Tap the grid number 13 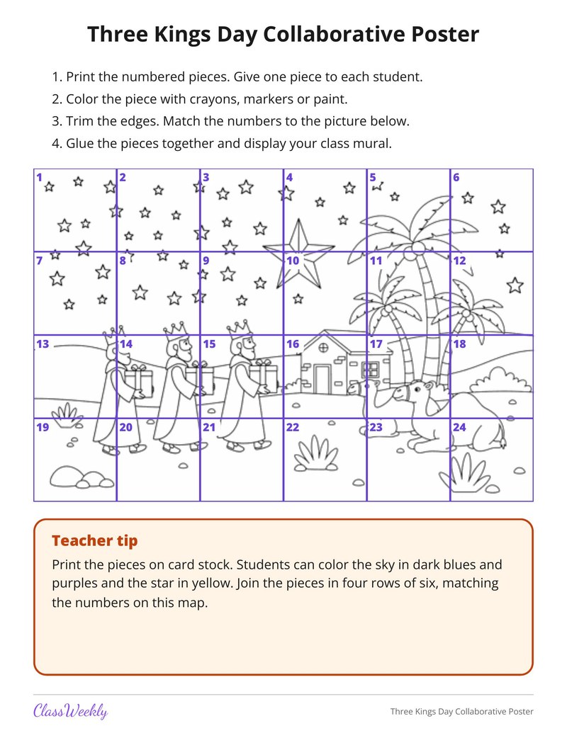pyautogui.click(x=43, y=344)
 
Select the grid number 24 pyautogui.click(x=459, y=427)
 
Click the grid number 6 pyautogui.click(x=456, y=177)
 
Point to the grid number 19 pyautogui.click(x=43, y=427)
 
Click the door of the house pyautogui.click(x=322, y=379)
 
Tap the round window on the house pyautogui.click(x=323, y=348)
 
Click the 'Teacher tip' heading pyautogui.click(x=95, y=540)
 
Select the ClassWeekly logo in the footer pyautogui.click(x=71, y=711)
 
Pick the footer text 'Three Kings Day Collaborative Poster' pyautogui.click(x=461, y=712)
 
